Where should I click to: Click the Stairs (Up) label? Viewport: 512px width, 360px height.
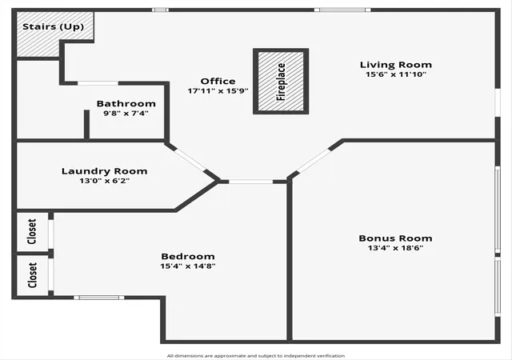[53, 26]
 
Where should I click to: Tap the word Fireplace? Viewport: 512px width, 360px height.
[281, 82]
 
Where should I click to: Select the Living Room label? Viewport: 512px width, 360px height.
[396, 65]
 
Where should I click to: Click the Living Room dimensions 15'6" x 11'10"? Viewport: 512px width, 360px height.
[396, 74]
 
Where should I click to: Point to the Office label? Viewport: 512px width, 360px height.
[218, 81]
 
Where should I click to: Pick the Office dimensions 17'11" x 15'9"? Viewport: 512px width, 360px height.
[218, 91]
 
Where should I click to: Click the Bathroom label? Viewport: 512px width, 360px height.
[126, 103]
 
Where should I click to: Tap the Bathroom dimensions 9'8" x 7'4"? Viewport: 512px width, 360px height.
[126, 114]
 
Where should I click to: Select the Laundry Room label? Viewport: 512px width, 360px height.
[105, 171]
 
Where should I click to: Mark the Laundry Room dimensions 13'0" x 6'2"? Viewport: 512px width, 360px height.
[105, 181]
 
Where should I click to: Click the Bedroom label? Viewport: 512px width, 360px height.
[188, 257]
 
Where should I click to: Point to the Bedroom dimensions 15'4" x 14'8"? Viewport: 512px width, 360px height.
[188, 266]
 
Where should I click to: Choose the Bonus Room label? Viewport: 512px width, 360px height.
[395, 238]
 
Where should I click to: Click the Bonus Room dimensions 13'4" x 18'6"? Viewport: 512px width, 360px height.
[395, 248]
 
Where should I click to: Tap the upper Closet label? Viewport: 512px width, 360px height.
[32, 232]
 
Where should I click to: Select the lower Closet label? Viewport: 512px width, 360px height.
[32, 275]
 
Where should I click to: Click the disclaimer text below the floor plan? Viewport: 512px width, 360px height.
[256, 356]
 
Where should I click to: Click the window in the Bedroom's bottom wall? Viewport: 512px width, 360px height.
[99, 298]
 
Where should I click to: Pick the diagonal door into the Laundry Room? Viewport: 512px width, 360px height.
[190, 160]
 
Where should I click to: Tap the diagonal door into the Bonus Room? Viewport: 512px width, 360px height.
[314, 161]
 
